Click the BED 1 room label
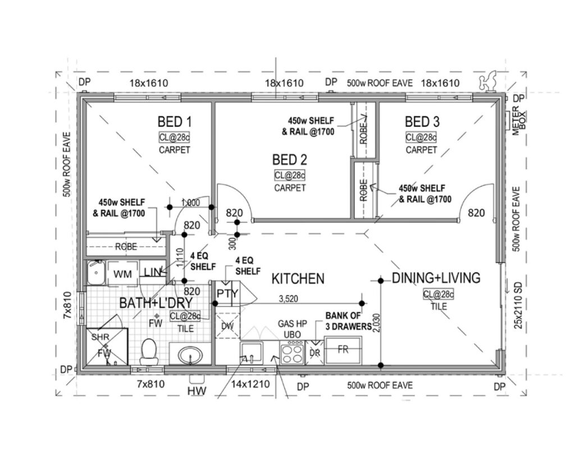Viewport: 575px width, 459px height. tap(175, 122)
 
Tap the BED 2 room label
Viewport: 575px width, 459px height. tap(289, 160)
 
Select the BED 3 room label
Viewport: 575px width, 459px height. tap(422, 122)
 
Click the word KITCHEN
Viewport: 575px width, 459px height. tap(298, 279)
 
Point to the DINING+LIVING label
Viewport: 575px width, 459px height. tap(436, 278)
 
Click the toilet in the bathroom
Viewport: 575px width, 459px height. tap(149, 351)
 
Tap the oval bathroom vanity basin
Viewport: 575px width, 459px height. tap(190, 354)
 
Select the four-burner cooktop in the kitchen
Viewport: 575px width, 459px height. tap(292, 353)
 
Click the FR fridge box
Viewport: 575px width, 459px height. tap(343, 350)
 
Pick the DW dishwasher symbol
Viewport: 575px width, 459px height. tap(228, 326)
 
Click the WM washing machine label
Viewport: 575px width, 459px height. tap(122, 274)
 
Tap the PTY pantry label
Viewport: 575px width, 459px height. tap(227, 294)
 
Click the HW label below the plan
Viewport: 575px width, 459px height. tap(197, 391)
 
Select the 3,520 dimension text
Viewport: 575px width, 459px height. tap(288, 299)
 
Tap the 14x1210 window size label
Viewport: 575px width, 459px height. tap(250, 384)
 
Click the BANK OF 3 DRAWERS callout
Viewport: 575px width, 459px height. tap(348, 321)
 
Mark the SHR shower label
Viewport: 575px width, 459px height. tap(100, 337)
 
